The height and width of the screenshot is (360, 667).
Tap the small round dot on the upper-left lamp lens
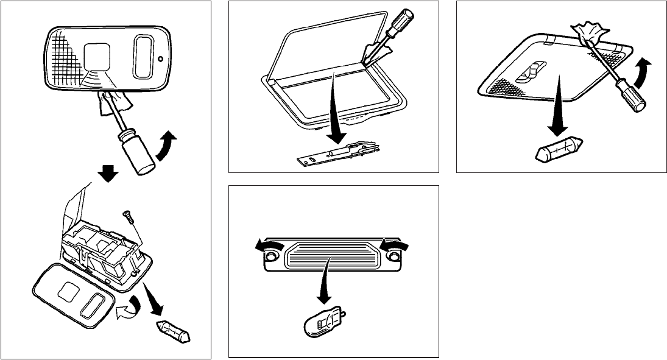coord(160,60)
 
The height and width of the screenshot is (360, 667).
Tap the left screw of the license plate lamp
coord(269,258)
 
